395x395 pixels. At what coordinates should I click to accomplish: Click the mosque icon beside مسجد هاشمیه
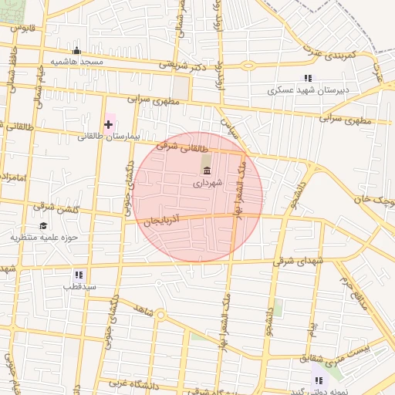pos(76,51)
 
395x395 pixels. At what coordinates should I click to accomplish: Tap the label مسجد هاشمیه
pos(76,62)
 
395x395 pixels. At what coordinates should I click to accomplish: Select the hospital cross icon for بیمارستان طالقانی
pos(108,123)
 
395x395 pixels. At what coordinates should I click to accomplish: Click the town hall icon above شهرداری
pos(206,170)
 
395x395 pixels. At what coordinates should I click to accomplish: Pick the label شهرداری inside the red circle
pos(207,183)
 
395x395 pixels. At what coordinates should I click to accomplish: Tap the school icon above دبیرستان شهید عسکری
pos(309,78)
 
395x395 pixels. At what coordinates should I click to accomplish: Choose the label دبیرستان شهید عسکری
pos(309,89)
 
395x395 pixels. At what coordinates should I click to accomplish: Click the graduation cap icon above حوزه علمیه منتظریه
pos(43,225)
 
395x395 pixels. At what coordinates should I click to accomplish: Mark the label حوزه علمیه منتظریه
pos(44,237)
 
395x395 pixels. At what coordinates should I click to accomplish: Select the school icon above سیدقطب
pos(79,274)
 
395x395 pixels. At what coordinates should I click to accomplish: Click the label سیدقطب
pos(79,285)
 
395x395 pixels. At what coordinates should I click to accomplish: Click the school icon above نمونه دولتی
pos(317,380)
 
